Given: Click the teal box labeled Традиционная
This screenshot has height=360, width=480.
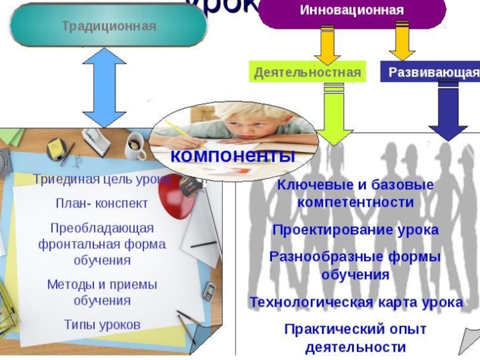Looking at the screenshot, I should point(108,26).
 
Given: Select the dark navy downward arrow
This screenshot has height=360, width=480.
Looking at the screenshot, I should point(448,111).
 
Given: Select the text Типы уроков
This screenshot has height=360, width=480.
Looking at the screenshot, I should point(102,325).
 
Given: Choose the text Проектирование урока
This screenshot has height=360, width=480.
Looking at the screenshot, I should point(355,230).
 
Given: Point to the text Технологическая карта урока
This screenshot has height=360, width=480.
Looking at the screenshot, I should point(356,302).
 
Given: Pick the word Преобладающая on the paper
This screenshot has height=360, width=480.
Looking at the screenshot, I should point(102,229).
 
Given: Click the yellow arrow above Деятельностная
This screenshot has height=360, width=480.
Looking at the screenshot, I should point(327,45).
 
